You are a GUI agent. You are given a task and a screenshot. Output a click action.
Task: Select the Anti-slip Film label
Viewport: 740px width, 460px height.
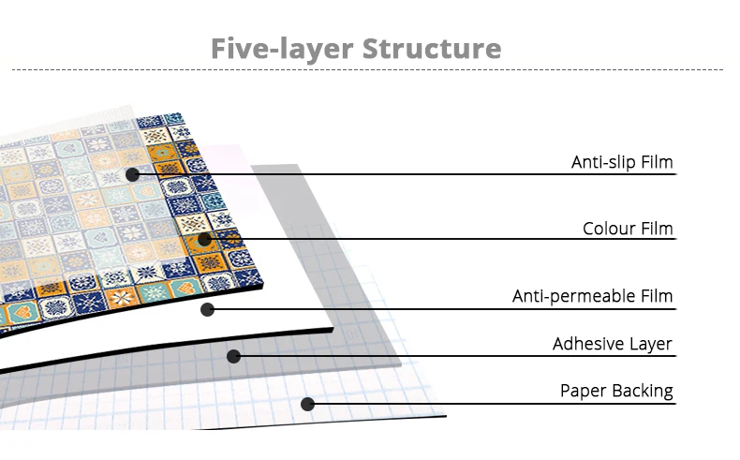[x=622, y=163]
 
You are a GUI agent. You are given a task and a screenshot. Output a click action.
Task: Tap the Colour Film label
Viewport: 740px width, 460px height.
[x=628, y=229]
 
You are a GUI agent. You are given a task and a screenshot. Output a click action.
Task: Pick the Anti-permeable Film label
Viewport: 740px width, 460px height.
[x=592, y=297]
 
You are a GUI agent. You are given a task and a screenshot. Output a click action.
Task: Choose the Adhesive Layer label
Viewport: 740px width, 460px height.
[x=613, y=344]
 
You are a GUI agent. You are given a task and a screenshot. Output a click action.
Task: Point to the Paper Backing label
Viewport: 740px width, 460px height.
[x=616, y=391]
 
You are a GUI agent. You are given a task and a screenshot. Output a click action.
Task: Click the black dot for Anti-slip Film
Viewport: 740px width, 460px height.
[x=132, y=174]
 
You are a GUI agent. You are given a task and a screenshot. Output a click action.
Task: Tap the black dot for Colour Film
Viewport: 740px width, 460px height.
[x=204, y=239]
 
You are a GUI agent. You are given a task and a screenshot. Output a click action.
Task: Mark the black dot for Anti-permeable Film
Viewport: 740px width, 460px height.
[x=207, y=309]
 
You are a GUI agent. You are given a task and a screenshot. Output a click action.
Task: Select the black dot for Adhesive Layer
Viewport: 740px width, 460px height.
[x=234, y=356]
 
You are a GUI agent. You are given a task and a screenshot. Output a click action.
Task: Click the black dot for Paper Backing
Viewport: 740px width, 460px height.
[x=306, y=404]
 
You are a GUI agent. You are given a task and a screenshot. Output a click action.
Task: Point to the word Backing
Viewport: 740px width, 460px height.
[x=643, y=392]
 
